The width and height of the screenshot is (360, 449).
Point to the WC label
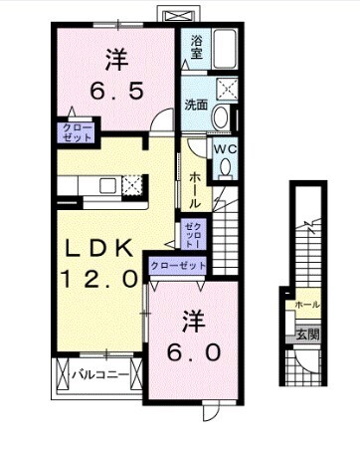coord(226,148)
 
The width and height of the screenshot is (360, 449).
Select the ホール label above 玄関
coord(307,305)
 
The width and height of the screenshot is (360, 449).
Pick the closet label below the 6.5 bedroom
coord(76,132)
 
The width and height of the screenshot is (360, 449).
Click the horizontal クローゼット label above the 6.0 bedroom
coord(179,266)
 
